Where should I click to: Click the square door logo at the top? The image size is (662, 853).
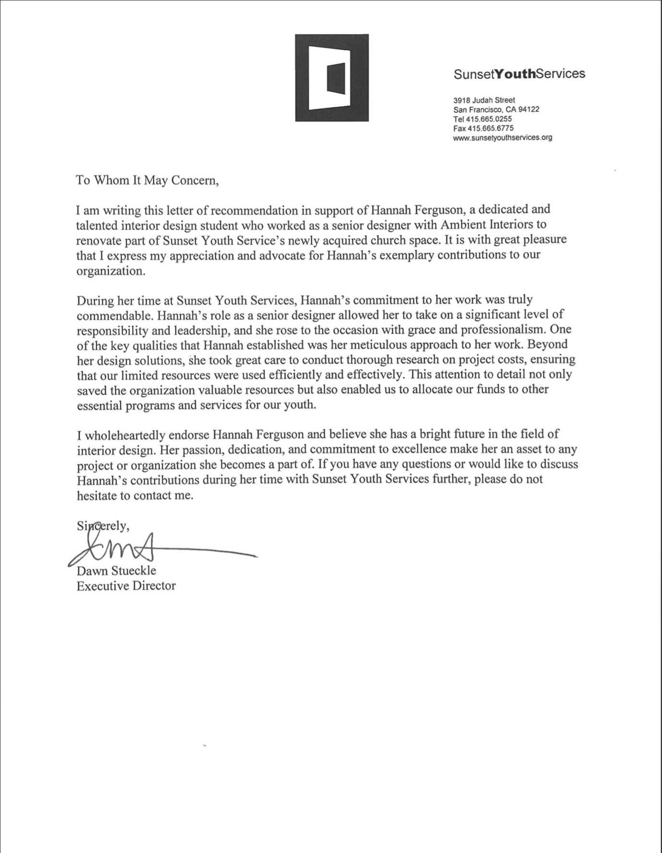(331, 77)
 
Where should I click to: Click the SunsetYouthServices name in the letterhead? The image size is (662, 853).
(519, 74)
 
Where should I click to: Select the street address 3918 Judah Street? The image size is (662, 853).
(484, 100)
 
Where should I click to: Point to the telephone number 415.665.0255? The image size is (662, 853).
(489, 119)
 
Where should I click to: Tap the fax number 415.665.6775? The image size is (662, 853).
(490, 128)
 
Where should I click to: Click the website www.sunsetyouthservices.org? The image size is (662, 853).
(503, 137)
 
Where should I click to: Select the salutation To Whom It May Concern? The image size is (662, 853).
(147, 180)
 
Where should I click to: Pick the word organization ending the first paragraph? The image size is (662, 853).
(110, 271)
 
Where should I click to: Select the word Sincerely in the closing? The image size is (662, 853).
(102, 526)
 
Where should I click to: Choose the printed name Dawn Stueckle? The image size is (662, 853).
(116, 571)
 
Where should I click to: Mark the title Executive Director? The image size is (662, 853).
(126, 586)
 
